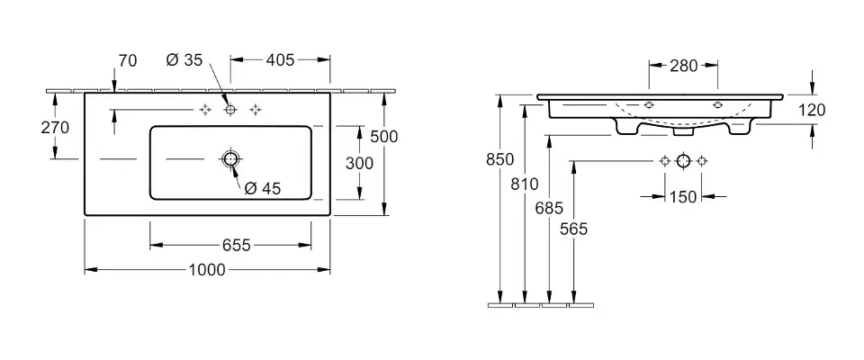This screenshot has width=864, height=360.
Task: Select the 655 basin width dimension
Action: (x=229, y=245)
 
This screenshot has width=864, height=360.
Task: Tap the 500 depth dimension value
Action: (x=384, y=136)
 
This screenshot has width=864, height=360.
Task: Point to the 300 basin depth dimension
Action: (x=360, y=163)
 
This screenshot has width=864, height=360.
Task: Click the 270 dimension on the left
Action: (x=56, y=127)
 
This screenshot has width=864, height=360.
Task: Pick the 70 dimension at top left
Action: (x=127, y=60)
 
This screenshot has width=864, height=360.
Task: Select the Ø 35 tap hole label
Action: (x=184, y=60)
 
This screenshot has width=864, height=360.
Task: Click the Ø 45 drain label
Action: (x=264, y=188)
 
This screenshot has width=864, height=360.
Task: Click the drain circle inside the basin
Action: (x=229, y=160)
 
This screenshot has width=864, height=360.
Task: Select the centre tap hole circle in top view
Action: (x=229, y=110)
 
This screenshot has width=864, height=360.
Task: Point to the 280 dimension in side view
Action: (x=684, y=65)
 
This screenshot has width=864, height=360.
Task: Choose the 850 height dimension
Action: (x=499, y=159)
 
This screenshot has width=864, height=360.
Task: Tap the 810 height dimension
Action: (x=525, y=184)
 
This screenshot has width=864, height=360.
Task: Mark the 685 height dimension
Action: (x=549, y=207)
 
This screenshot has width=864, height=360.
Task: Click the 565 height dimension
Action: (x=573, y=229)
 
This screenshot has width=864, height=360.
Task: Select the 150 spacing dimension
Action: (x=684, y=197)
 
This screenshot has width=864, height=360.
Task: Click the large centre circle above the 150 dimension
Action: (x=684, y=161)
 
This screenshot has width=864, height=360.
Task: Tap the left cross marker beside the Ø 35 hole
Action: (x=204, y=110)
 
